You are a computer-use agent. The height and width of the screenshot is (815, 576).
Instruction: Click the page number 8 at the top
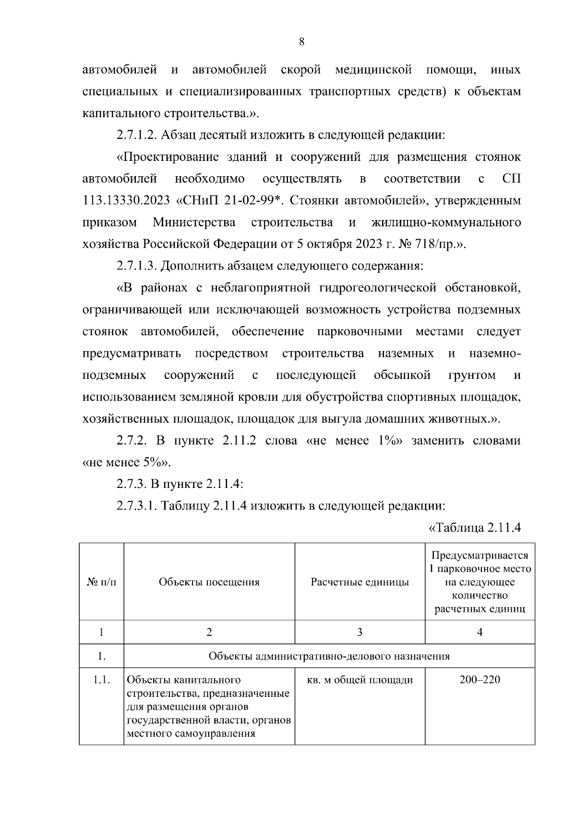point(301,42)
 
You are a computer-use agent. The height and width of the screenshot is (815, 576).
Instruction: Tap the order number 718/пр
point(435,244)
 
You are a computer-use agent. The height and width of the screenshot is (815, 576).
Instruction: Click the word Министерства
point(194,223)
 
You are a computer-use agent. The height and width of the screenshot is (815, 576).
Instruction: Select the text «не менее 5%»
point(127,462)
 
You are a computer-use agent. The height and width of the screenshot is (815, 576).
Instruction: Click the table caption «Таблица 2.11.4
point(474,528)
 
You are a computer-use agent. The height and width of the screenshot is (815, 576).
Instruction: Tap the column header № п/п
point(101,582)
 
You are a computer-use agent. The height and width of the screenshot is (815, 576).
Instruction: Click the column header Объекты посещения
point(209,582)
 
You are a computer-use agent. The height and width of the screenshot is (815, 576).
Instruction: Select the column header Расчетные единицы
point(360,582)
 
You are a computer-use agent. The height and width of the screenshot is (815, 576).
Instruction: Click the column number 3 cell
point(360,632)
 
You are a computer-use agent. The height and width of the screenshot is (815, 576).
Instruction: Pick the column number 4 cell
point(480,632)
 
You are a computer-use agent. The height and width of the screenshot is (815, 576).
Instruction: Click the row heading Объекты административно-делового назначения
point(329,656)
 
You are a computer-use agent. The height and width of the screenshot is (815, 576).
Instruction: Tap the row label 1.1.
point(101,680)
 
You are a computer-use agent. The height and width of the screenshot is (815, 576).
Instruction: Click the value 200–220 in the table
point(480,680)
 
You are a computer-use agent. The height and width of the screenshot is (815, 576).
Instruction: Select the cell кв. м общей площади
point(360,680)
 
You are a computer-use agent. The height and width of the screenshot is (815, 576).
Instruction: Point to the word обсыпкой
point(402,375)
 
